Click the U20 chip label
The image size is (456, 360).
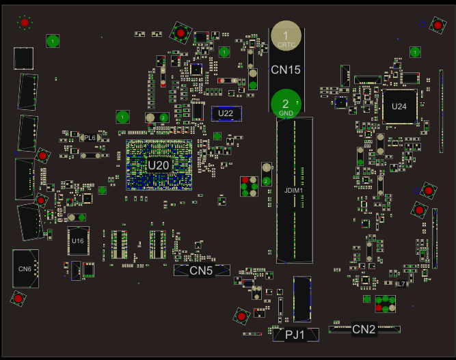(x=159, y=165)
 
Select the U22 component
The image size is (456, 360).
(x=226, y=113)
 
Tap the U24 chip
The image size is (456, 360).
(x=399, y=106)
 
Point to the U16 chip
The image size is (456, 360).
(x=78, y=241)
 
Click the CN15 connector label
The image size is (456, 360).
(x=286, y=69)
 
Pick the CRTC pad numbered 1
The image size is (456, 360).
(x=286, y=35)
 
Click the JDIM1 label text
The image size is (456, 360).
(x=293, y=190)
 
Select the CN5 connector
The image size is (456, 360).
(x=201, y=271)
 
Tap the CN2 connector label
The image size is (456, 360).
(x=364, y=329)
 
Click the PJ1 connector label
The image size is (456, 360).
(x=294, y=334)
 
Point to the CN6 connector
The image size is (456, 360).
(x=25, y=268)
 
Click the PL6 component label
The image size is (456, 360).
(x=90, y=138)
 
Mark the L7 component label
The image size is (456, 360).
(x=401, y=283)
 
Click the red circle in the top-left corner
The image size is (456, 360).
(x=25, y=23)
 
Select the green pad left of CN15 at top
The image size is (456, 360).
(x=224, y=52)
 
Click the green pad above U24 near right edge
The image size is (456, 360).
(x=414, y=52)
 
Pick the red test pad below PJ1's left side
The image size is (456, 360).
(x=241, y=316)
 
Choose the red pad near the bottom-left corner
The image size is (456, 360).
(x=18, y=299)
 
